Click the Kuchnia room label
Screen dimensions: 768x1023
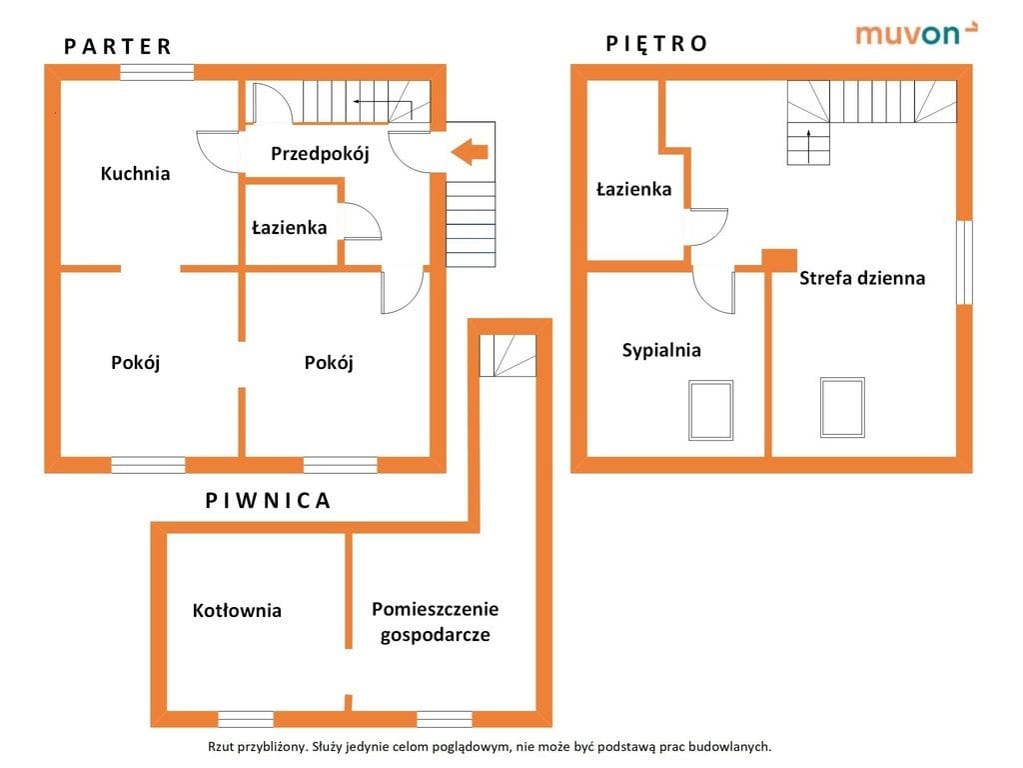click(135, 173)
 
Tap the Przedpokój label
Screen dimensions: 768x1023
click(321, 153)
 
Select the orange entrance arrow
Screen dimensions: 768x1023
click(469, 152)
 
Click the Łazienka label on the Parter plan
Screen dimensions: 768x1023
click(289, 228)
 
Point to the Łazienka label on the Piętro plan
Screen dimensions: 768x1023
click(633, 188)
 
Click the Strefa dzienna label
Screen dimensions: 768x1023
click(861, 278)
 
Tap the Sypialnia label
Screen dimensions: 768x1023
click(661, 350)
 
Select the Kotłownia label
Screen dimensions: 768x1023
click(237, 610)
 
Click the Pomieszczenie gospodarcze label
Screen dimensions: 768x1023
click(435, 621)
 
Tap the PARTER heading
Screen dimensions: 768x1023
click(118, 46)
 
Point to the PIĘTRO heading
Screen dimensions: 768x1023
click(656, 43)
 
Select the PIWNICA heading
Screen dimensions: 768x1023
click(267, 500)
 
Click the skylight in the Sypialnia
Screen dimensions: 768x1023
click(710, 410)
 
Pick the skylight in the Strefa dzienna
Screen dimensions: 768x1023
click(842, 406)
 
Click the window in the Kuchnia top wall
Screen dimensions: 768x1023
click(157, 71)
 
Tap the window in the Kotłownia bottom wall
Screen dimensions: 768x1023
click(246, 718)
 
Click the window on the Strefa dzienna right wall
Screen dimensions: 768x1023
click(963, 261)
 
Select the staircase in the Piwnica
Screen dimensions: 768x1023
click(508, 355)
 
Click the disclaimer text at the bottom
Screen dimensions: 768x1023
click(490, 746)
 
